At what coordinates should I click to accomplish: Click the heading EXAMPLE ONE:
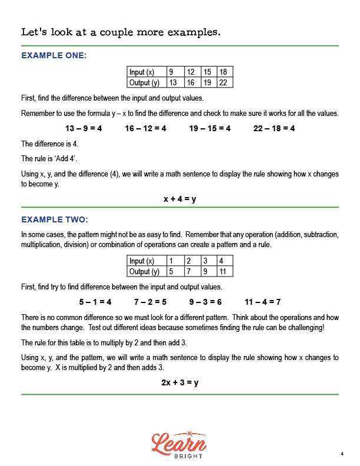54,55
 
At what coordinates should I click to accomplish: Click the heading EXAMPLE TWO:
55,220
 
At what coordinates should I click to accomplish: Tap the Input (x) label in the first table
142,72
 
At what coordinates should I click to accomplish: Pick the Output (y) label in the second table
144,272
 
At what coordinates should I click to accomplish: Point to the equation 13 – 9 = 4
83,128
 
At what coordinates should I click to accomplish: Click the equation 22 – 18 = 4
274,128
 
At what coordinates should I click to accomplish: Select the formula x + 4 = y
180,199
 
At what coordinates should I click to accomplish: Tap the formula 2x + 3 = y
180,382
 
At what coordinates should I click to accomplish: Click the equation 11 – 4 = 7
262,302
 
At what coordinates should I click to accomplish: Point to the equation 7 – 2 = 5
150,302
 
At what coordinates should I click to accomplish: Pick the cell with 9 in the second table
205,272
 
